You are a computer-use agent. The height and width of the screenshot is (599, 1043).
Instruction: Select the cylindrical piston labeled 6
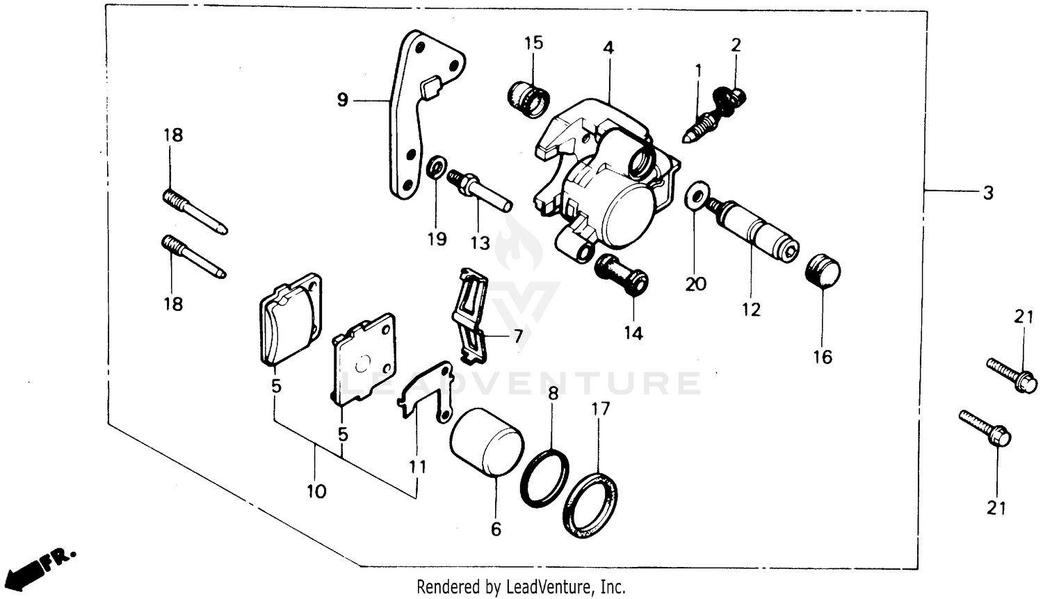click(486, 442)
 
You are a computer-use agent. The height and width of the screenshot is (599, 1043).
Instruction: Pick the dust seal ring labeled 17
click(591, 504)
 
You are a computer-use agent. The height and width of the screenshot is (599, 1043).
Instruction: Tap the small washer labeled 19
click(437, 168)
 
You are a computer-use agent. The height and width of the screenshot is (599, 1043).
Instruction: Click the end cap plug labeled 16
click(823, 272)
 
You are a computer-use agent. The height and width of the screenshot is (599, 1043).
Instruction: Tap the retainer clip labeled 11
click(424, 394)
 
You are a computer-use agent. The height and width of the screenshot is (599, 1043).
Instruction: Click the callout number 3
click(988, 193)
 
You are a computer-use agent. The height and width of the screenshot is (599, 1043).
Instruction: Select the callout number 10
click(316, 492)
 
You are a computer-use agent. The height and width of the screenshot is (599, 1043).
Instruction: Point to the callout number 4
click(608, 48)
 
